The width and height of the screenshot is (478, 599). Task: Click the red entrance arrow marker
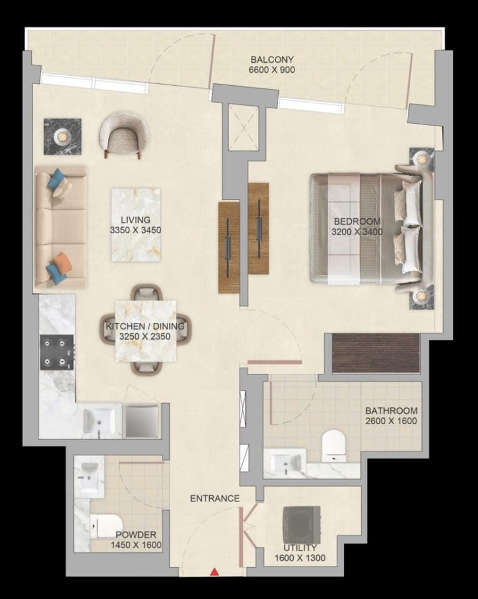click(215, 571)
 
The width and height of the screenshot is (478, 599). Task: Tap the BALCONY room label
click(272, 60)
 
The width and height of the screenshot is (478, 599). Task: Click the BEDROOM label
click(357, 221)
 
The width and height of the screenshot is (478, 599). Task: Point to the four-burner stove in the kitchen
click(57, 353)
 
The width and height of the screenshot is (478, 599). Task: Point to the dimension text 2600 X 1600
click(391, 421)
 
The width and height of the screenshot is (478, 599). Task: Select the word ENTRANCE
click(215, 498)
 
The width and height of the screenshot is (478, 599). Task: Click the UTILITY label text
click(299, 548)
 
